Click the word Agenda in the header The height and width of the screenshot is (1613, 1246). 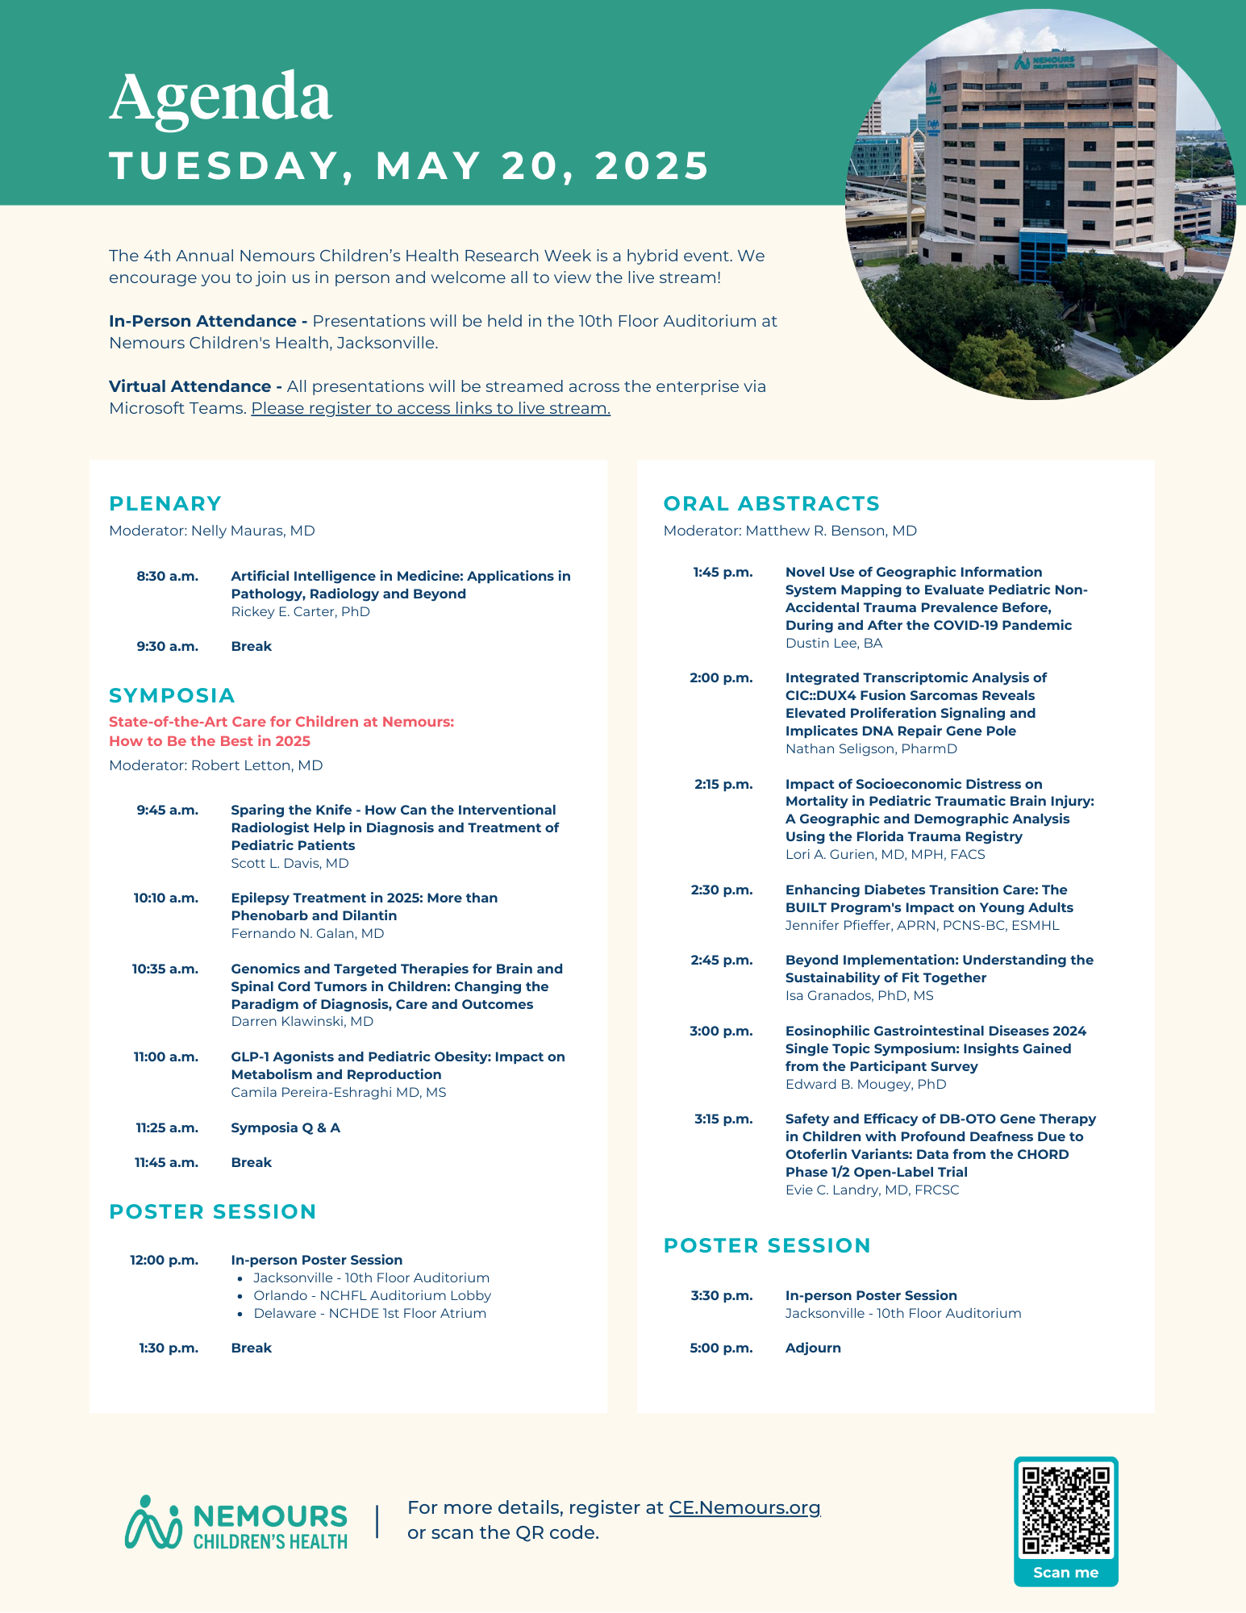[220, 98]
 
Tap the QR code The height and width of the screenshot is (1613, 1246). [1065, 1510]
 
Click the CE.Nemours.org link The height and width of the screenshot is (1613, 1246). [744, 1507]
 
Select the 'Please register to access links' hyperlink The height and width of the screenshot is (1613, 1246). [431, 408]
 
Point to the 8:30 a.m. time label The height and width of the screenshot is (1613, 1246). [167, 576]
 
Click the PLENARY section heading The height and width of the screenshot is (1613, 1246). [165, 503]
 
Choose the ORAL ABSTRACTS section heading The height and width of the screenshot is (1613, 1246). [771, 503]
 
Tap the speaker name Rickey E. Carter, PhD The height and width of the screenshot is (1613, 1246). [300, 611]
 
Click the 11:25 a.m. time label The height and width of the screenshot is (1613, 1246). [167, 1127]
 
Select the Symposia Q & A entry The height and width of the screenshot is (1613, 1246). [285, 1127]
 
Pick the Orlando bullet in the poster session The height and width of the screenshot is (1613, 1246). [372, 1295]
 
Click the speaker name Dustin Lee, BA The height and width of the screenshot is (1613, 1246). [834, 643]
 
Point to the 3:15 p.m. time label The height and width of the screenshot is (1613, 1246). [723, 1119]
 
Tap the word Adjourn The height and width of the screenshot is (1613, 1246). [813, 1348]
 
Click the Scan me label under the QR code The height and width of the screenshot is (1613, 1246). [1065, 1572]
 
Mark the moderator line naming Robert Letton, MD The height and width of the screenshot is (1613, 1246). [216, 765]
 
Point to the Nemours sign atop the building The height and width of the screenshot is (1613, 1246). [1044, 61]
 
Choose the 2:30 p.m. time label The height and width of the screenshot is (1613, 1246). [721, 890]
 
